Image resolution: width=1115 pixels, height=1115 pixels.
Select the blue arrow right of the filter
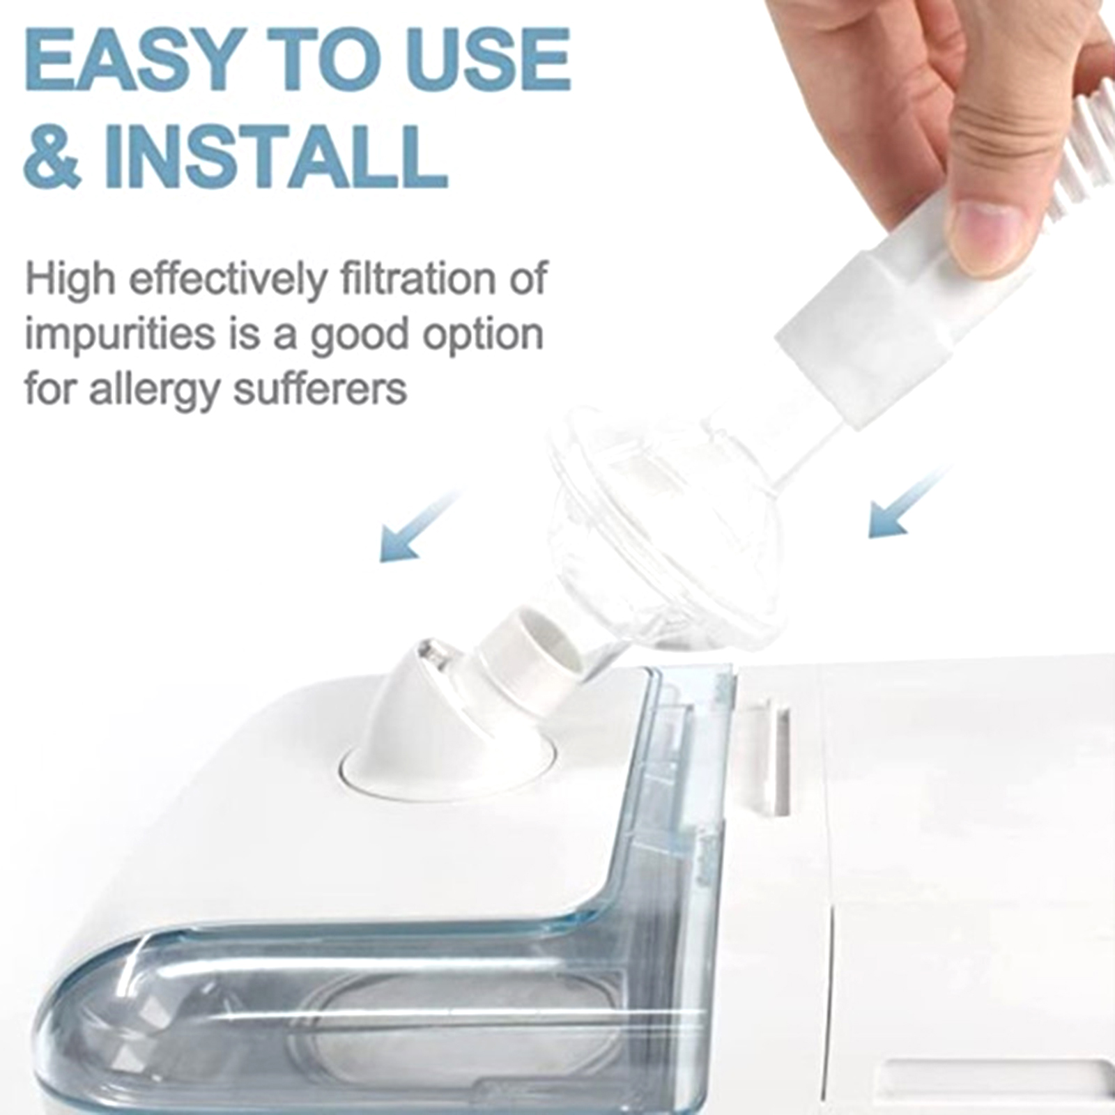coord(906,504)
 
